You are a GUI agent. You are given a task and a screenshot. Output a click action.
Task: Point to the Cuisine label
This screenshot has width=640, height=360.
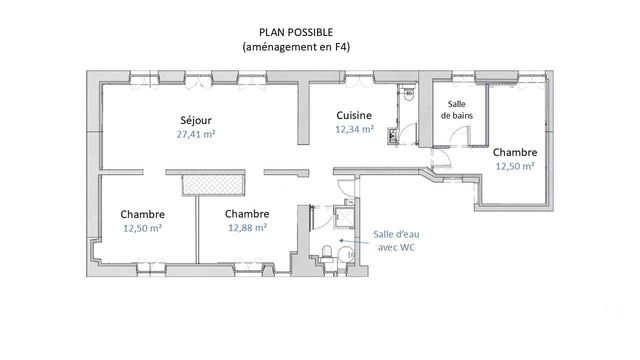354,115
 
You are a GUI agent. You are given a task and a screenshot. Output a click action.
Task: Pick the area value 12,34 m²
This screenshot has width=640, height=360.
354,129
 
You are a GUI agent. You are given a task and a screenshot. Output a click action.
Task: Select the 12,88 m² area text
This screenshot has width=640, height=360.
246,228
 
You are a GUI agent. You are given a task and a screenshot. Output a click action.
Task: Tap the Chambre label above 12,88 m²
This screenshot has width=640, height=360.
246,213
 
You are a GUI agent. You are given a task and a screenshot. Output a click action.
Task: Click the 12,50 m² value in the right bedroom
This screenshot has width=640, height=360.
515,167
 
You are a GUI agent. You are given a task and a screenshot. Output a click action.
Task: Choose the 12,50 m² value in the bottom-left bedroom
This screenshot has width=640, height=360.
142,228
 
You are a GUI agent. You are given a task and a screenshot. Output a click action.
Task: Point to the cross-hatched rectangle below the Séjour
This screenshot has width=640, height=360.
211,183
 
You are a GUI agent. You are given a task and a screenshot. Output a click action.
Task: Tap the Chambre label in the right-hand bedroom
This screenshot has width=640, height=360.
515,152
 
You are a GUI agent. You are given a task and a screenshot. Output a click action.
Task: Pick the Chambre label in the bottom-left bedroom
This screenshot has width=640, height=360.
142,213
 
